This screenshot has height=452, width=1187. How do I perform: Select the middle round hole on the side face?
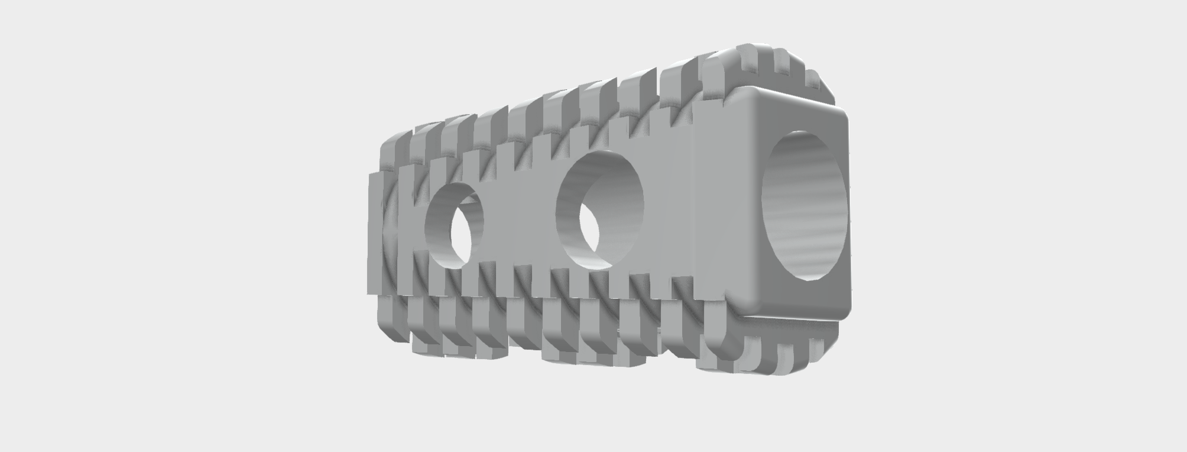click(600, 210)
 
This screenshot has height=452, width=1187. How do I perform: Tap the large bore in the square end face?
click(804, 204)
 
